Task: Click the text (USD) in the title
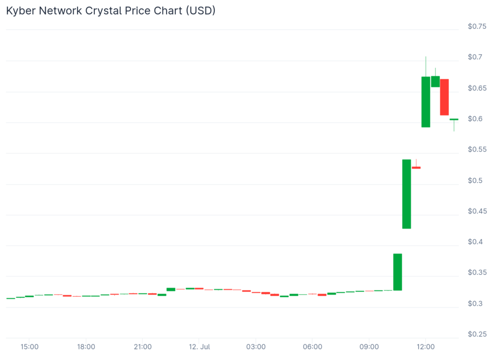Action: point(200,11)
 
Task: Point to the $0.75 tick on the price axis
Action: point(477,27)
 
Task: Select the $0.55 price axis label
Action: point(477,149)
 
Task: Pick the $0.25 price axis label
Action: point(477,334)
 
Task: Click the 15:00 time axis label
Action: point(29,347)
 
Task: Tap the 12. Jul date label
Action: point(199,347)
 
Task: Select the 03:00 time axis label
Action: point(256,347)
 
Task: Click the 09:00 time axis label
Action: point(369,347)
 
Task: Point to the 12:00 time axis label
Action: point(426,347)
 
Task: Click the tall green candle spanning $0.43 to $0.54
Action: point(407,194)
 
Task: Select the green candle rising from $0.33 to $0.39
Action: point(398,272)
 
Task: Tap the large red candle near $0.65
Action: point(444,97)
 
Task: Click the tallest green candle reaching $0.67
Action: point(426,102)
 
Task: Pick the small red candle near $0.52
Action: point(416,168)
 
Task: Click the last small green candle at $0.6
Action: point(454,119)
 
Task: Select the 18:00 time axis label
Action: point(86,347)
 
